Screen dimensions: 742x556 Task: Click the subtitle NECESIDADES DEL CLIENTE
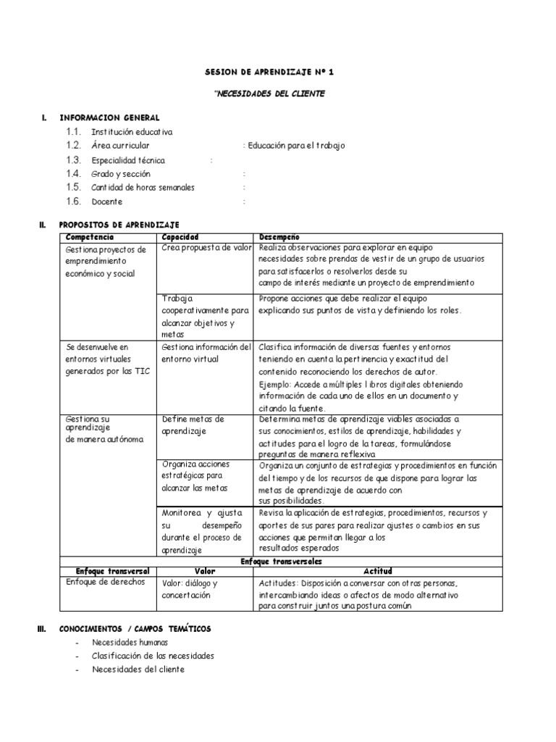pos(270,93)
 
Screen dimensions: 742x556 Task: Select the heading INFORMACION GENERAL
pos(110,117)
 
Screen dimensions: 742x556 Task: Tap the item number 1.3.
pos(73,159)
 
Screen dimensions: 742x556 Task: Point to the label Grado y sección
pos(121,174)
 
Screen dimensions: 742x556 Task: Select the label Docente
pos(107,201)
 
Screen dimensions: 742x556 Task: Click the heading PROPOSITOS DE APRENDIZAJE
pos(119,225)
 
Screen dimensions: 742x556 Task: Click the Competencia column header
pos(89,238)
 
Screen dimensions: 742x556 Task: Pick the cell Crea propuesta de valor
pos(206,249)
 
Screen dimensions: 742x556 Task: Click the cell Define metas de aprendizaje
pos(193,425)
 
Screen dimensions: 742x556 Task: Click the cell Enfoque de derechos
pos(106,582)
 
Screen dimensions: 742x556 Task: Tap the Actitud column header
pos(376,571)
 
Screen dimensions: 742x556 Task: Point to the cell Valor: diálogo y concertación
pos(190,588)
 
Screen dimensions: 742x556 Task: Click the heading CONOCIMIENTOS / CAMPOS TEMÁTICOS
pos(135,628)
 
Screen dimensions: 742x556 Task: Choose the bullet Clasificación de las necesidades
pos(153,656)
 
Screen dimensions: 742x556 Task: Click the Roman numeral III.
pos(41,628)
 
